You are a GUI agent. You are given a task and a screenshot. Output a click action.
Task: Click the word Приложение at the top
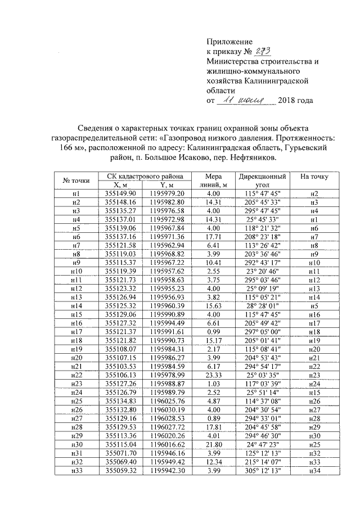pyautogui.click(x=229, y=42)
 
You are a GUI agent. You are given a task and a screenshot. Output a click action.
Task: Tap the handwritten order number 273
pyautogui.click(x=263, y=52)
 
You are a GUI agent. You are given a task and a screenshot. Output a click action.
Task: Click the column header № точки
pyautogui.click(x=76, y=181)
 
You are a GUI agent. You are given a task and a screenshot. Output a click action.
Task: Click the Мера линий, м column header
pyautogui.click(x=213, y=180)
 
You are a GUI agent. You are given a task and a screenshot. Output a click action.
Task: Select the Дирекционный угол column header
pyautogui.click(x=260, y=180)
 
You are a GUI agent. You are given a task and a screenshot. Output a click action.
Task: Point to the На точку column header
pyautogui.click(x=314, y=177)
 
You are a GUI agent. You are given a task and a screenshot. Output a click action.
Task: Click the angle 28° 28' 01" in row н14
pyautogui.click(x=260, y=305)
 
